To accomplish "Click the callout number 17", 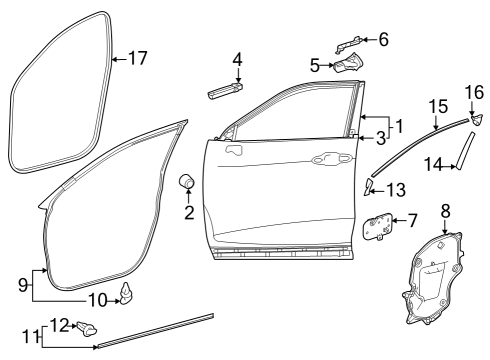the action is [x=138, y=58].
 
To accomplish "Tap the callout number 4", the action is [x=237, y=59].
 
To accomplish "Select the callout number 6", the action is [x=384, y=39].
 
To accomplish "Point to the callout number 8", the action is [x=445, y=211].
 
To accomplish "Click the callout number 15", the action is [x=438, y=107].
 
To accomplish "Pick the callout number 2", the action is [x=189, y=212].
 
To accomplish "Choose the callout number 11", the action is [x=30, y=337].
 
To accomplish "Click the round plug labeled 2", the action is [x=186, y=181].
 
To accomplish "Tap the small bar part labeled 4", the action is [x=225, y=91].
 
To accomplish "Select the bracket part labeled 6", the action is [x=348, y=44].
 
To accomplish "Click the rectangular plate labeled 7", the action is [x=377, y=226].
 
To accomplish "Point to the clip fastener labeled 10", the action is [x=126, y=294].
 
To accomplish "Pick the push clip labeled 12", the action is [x=87, y=328].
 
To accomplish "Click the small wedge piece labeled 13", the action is [x=368, y=186].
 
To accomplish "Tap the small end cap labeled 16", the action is [x=477, y=119].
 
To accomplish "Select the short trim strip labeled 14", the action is [x=465, y=151].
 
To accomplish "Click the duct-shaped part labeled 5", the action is [x=348, y=62].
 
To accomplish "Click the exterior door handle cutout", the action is [x=332, y=158].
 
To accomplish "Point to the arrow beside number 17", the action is [x=119, y=59].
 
